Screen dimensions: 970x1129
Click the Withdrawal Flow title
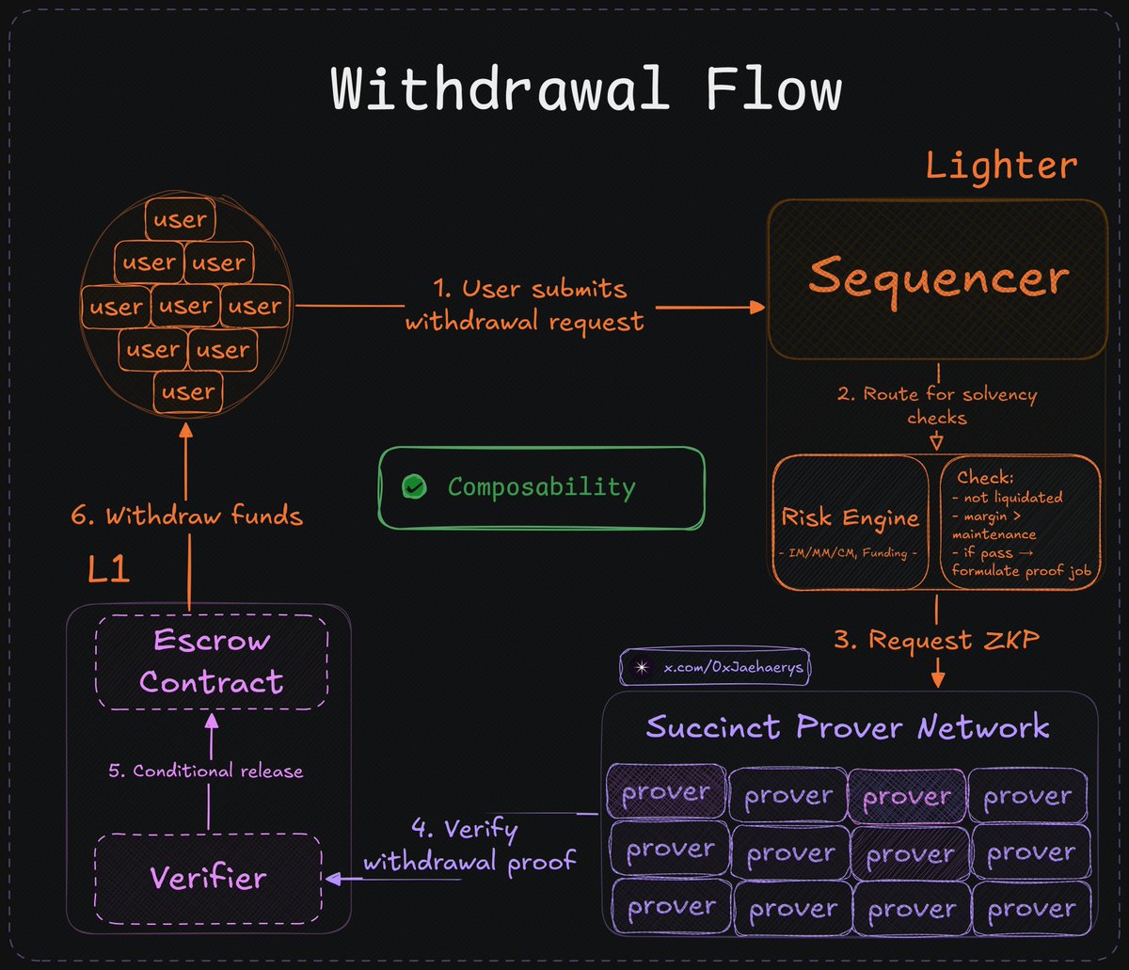coord(585,91)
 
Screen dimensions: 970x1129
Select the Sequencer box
coord(938,278)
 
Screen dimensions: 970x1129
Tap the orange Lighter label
coord(1001,166)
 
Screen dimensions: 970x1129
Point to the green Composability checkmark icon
coord(414,486)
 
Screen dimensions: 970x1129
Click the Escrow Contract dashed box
coord(212,661)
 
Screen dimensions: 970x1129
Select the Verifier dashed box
coord(209,878)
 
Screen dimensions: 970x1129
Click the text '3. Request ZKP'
coord(936,640)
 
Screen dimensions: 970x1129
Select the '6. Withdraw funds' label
coord(187,515)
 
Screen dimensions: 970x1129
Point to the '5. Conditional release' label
coord(205,771)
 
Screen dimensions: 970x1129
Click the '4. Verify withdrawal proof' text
coord(469,845)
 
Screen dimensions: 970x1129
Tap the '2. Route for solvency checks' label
coord(937,405)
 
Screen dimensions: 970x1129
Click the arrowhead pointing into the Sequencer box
coord(757,308)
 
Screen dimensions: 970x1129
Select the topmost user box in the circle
coord(180,220)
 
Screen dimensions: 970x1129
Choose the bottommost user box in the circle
coord(188,391)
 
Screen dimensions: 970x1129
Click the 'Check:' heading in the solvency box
coord(984,477)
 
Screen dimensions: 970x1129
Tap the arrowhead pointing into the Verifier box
coord(331,879)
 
